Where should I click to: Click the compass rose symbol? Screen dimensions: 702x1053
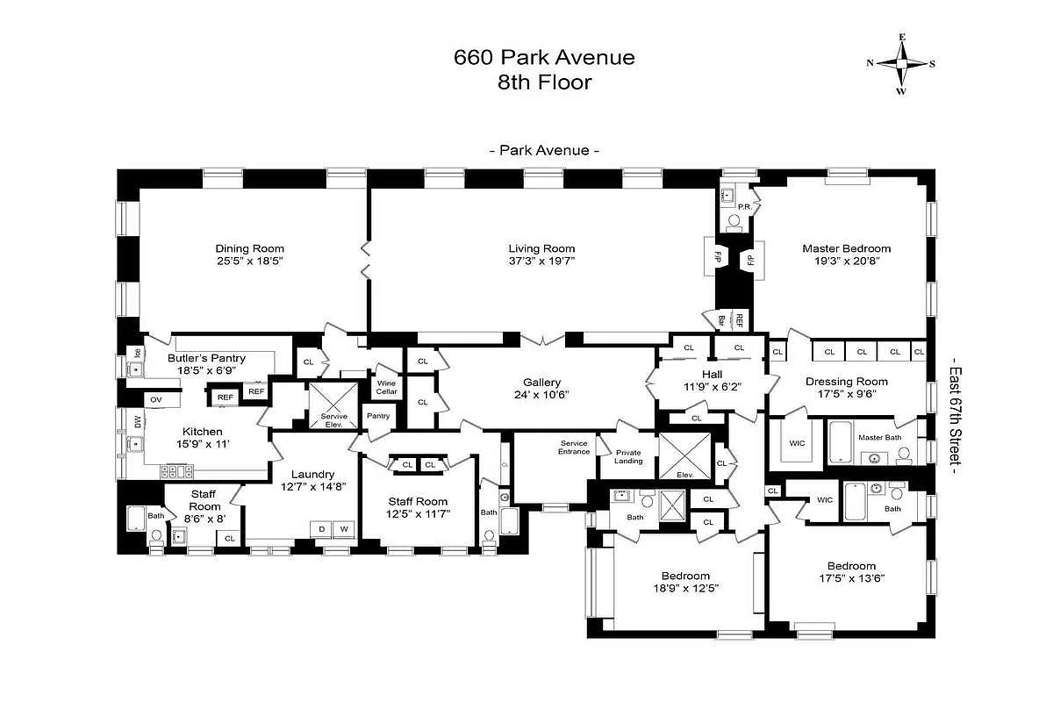click(901, 63)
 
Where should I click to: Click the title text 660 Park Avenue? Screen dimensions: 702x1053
click(544, 58)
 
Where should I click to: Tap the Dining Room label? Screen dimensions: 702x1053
click(250, 248)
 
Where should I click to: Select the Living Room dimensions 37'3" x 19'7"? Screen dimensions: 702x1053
click(541, 261)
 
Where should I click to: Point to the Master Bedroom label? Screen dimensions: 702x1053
click(846, 248)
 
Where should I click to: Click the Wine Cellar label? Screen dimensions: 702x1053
click(386, 388)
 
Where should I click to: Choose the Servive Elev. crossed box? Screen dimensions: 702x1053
click(333, 405)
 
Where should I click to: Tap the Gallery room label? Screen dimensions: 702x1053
click(541, 383)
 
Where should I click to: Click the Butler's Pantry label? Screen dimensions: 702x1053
click(206, 358)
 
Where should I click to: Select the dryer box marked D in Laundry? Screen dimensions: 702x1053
click(320, 528)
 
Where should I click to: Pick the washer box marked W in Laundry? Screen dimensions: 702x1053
click(344, 528)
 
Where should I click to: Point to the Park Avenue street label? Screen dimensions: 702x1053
click(544, 150)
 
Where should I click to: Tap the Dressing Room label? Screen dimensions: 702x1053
click(846, 382)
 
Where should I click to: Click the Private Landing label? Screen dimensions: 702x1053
click(628, 456)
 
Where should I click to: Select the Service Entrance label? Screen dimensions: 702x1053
click(574, 448)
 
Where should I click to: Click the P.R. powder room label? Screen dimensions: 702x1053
click(743, 207)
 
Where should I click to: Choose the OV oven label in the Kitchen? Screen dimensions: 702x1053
click(156, 399)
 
